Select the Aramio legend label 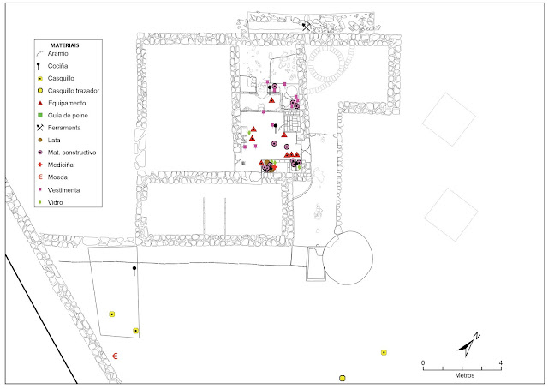(x=63, y=53)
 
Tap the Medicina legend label (x=65, y=164)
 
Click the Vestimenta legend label (x=68, y=189)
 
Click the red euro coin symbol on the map (x=116, y=355)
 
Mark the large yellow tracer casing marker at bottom (x=342, y=377)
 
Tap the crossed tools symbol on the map (x=306, y=27)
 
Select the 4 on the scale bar (x=500, y=363)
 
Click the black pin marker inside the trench (x=134, y=271)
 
